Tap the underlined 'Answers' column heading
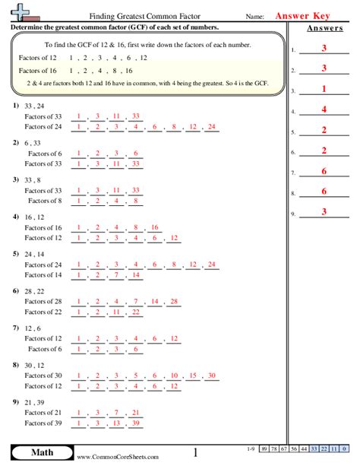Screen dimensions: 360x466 click(x=324, y=29)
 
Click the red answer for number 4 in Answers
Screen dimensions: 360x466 click(x=324, y=109)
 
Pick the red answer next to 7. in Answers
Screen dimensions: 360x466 click(x=324, y=171)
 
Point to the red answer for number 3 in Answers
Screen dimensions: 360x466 click(x=324, y=89)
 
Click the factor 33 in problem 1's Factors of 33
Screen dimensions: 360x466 click(x=135, y=116)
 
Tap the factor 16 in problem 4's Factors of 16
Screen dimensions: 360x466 click(x=154, y=227)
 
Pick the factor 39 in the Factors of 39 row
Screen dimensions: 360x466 click(x=135, y=423)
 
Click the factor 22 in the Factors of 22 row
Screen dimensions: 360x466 click(x=135, y=312)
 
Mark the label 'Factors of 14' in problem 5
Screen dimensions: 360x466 click(x=43, y=275)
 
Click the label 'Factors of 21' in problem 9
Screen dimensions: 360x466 click(x=43, y=412)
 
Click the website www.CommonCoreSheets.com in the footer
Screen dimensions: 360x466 click(x=118, y=457)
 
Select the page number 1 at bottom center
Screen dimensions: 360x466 click(x=194, y=453)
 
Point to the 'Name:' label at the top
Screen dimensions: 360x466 click(x=254, y=16)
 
